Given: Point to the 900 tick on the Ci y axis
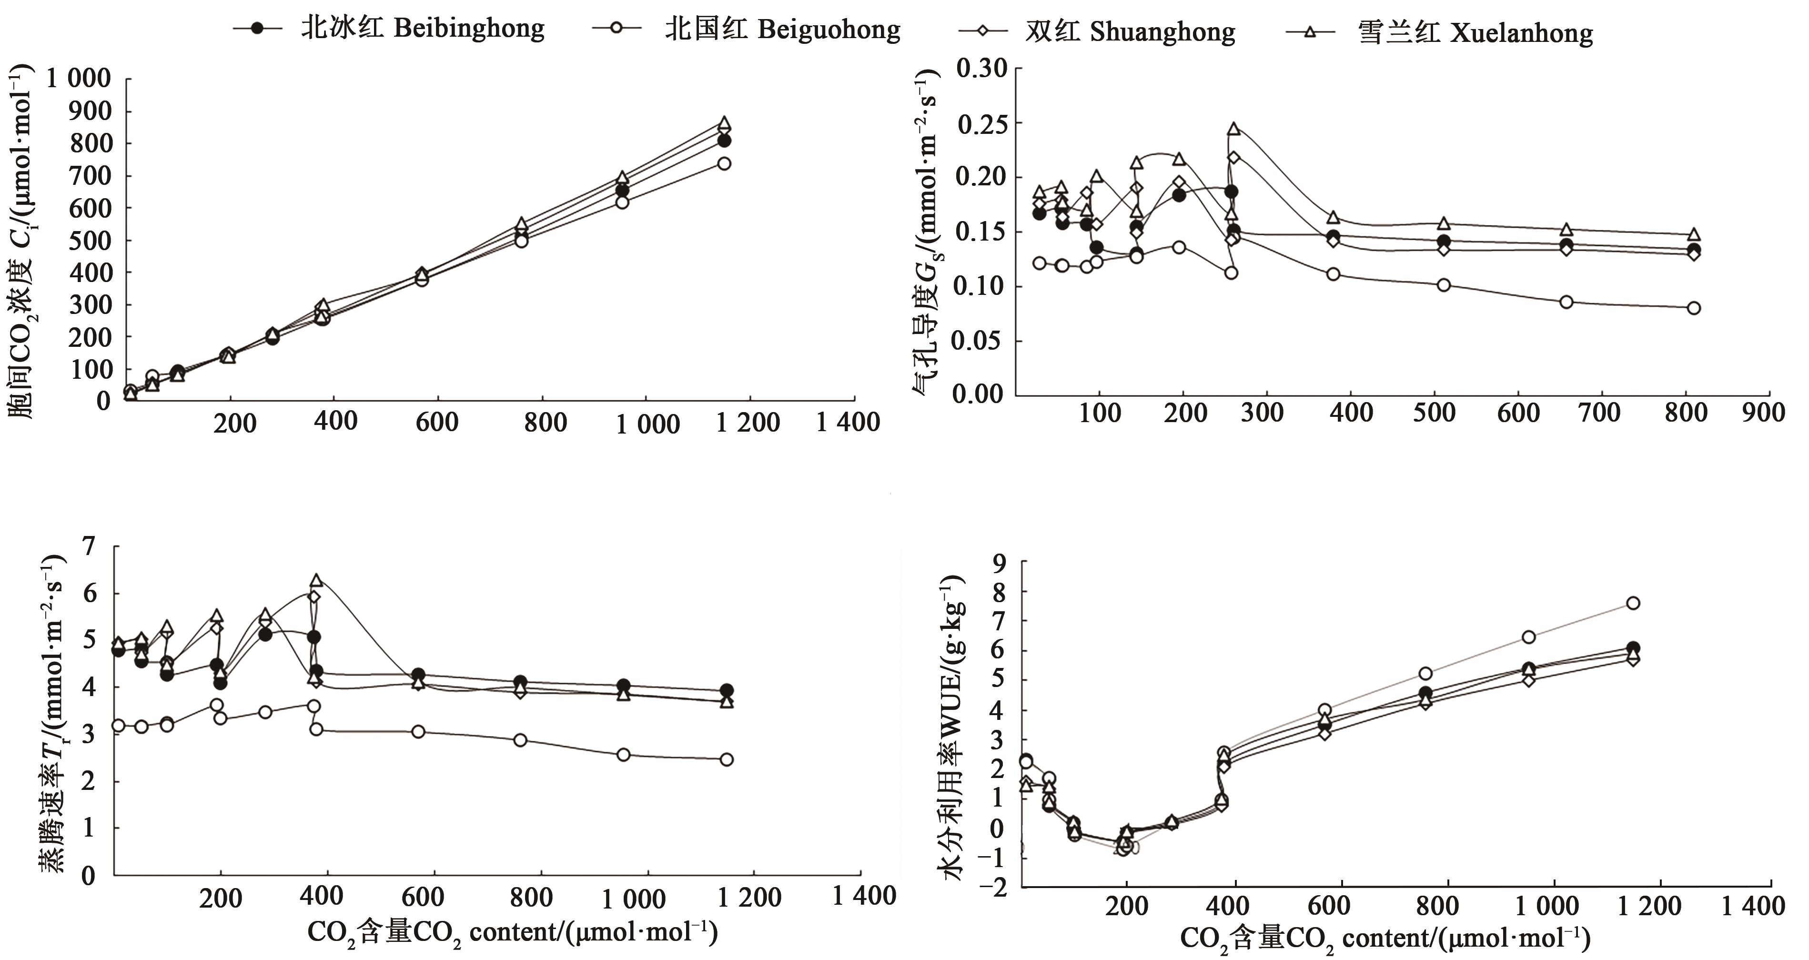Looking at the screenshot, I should tap(90, 111).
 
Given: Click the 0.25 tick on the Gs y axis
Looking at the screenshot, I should tap(982, 123).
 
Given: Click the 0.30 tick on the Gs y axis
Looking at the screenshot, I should tap(982, 69).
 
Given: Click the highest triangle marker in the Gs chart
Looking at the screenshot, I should tap(1233, 129).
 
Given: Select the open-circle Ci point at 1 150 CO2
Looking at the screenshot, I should tap(724, 163).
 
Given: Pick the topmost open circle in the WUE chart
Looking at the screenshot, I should tap(1633, 603).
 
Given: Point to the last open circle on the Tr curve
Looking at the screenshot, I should tap(727, 759).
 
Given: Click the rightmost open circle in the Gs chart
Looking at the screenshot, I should tap(1693, 308).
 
